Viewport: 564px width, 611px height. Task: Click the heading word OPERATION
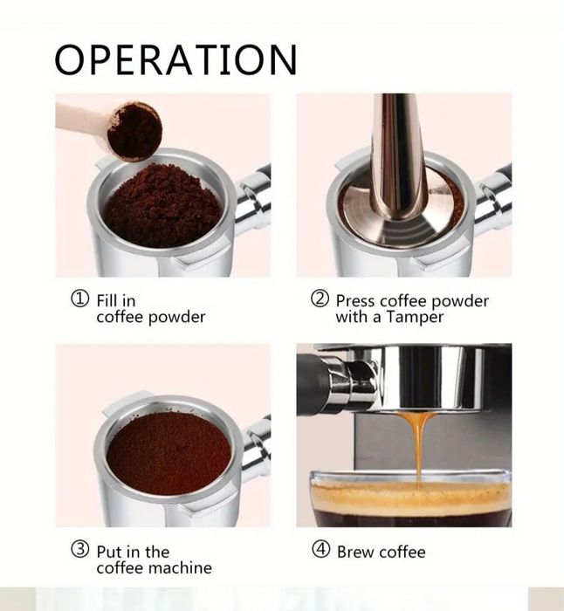pyautogui.click(x=175, y=59)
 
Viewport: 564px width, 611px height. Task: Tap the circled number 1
pyautogui.click(x=79, y=299)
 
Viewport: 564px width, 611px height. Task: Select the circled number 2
pyautogui.click(x=320, y=299)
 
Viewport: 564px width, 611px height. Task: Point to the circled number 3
pyautogui.click(x=79, y=549)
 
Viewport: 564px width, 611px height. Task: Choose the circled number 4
pyautogui.click(x=320, y=549)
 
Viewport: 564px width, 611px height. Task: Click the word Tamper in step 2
pyautogui.click(x=415, y=318)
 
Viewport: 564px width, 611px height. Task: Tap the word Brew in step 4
pyautogui.click(x=355, y=552)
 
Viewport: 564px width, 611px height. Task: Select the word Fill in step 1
pyautogui.click(x=107, y=300)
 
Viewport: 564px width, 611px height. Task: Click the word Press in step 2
pyautogui.click(x=355, y=301)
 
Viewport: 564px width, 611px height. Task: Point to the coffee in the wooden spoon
pyautogui.click(x=134, y=130)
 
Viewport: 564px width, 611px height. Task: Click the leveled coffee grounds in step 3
pyautogui.click(x=169, y=454)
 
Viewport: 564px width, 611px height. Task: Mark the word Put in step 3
pyautogui.click(x=109, y=552)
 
